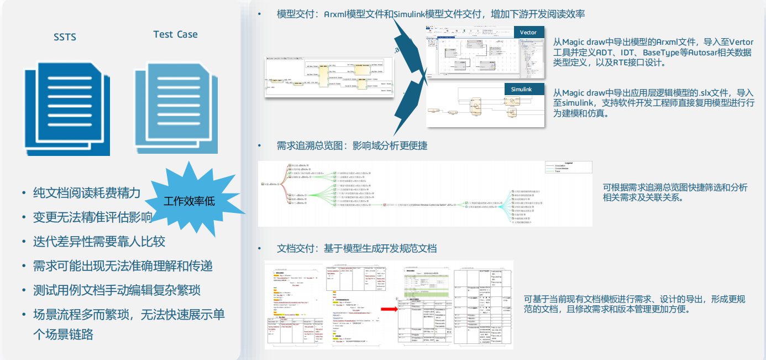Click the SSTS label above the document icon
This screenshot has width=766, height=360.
(65, 37)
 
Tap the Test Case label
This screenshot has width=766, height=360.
(175, 34)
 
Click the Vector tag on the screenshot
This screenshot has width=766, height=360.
(528, 33)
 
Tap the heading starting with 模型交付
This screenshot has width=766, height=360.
(431, 14)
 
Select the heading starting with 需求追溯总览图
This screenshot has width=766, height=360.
(351, 146)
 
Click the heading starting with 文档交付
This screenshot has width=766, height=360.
(356, 248)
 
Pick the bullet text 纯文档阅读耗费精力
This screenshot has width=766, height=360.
(86, 193)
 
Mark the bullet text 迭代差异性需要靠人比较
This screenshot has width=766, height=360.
(99, 242)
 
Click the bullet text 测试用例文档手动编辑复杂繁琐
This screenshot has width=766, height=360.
(116, 290)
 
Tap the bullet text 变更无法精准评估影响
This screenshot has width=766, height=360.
(92, 217)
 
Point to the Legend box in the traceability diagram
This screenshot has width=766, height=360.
(568, 167)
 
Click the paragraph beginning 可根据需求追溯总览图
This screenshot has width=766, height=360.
(675, 192)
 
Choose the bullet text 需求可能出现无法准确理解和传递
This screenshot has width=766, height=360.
(123, 266)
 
